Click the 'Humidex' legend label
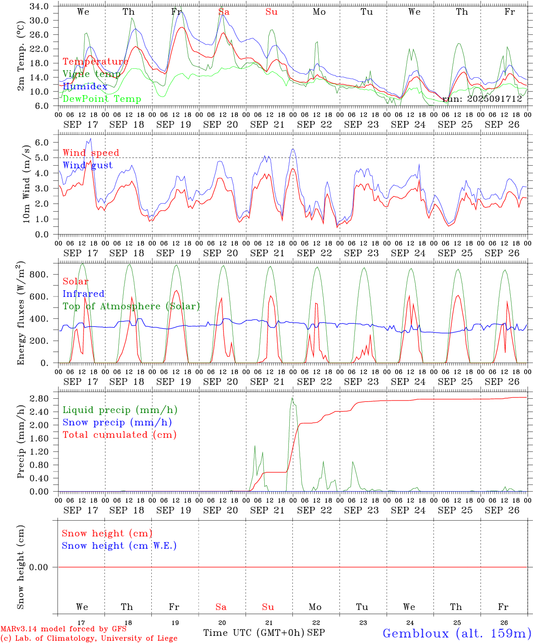tap(85, 86)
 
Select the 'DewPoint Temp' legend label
tap(102, 99)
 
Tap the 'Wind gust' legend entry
tap(87, 165)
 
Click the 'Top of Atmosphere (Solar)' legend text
tap(131, 306)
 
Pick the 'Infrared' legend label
tap(83, 294)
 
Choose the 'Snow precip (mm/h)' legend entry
tap(117, 422)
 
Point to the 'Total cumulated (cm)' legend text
tap(120, 435)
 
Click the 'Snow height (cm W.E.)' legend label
tap(119, 546)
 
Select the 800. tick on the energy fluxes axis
tap(39, 275)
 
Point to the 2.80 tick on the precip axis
tap(41, 399)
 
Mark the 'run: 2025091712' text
tap(482, 99)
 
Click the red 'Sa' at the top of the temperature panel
tap(224, 12)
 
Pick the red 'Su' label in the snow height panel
tap(268, 607)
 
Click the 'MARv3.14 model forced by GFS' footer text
tap(63, 629)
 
